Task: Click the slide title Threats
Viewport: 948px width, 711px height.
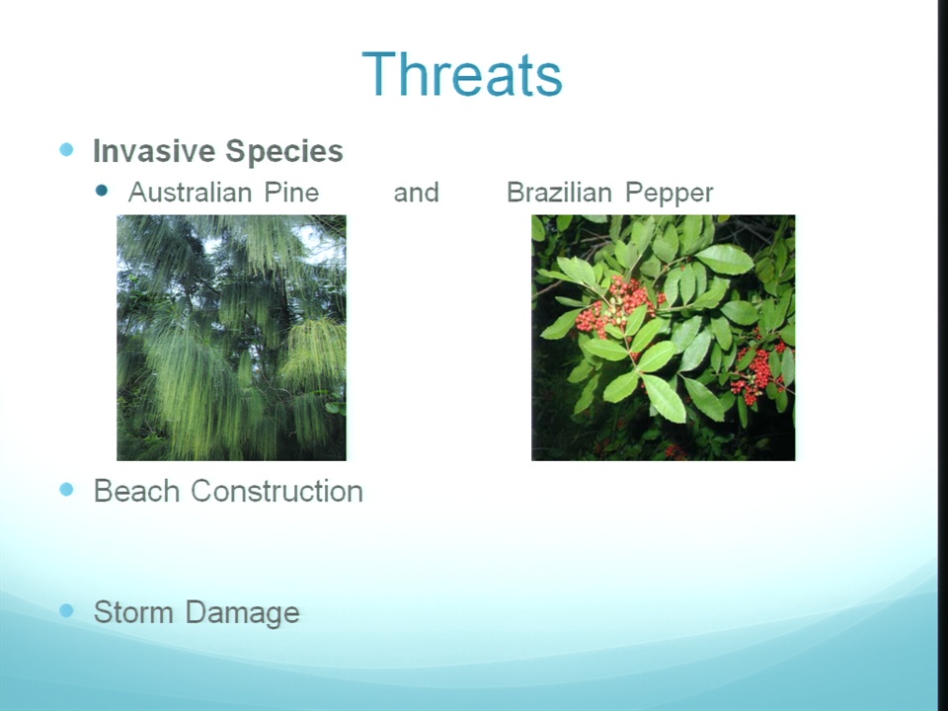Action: click(462, 74)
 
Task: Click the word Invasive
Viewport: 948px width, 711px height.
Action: click(154, 150)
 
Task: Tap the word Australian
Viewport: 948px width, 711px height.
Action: click(190, 193)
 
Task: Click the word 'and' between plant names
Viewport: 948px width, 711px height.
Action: click(416, 193)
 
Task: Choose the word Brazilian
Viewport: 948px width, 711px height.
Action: click(559, 193)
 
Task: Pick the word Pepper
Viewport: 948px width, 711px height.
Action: click(670, 194)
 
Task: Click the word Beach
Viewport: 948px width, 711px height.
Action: click(137, 491)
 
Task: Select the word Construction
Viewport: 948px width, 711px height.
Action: click(276, 491)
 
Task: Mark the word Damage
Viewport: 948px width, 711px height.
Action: click(243, 613)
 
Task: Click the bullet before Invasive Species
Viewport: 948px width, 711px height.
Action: click(66, 149)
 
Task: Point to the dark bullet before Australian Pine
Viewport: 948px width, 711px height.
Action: click(102, 191)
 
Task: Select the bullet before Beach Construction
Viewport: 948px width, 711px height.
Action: click(66, 489)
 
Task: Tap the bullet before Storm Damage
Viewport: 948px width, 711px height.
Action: click(66, 610)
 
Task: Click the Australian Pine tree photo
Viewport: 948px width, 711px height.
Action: click(231, 338)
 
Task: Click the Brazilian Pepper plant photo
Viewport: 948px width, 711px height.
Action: click(664, 338)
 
